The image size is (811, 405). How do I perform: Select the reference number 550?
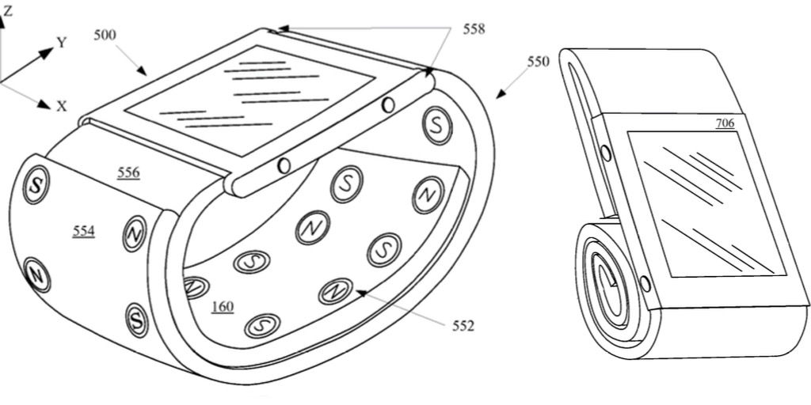(539, 61)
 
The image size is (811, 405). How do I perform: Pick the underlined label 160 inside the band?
(223, 306)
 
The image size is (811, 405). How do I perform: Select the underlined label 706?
(724, 123)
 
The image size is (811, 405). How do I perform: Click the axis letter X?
(62, 106)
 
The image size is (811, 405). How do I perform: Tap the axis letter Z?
(7, 12)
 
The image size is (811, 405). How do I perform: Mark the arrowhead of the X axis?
(44, 103)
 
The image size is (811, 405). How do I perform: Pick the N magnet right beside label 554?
(135, 233)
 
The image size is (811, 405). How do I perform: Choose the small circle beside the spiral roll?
(645, 283)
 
